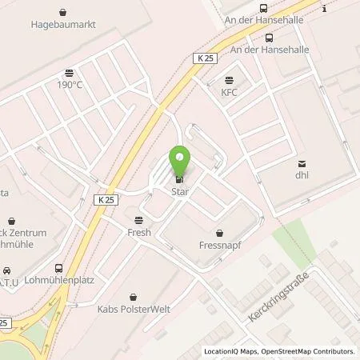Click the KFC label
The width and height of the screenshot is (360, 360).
click(230, 92)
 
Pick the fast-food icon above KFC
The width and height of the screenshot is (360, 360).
click(230, 79)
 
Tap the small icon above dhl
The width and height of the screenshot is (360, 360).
click(302, 165)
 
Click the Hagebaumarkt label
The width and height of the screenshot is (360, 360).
click(63, 25)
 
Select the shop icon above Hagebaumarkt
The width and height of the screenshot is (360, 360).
click(63, 12)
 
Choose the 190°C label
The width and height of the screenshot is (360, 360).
click(70, 83)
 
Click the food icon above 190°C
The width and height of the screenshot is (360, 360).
click(70, 70)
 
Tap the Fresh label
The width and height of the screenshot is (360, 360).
click(139, 232)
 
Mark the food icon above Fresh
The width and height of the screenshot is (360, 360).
click(139, 219)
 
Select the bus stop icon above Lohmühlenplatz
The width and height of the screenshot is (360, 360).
click(58, 269)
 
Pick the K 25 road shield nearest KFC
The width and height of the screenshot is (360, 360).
click(206, 57)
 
